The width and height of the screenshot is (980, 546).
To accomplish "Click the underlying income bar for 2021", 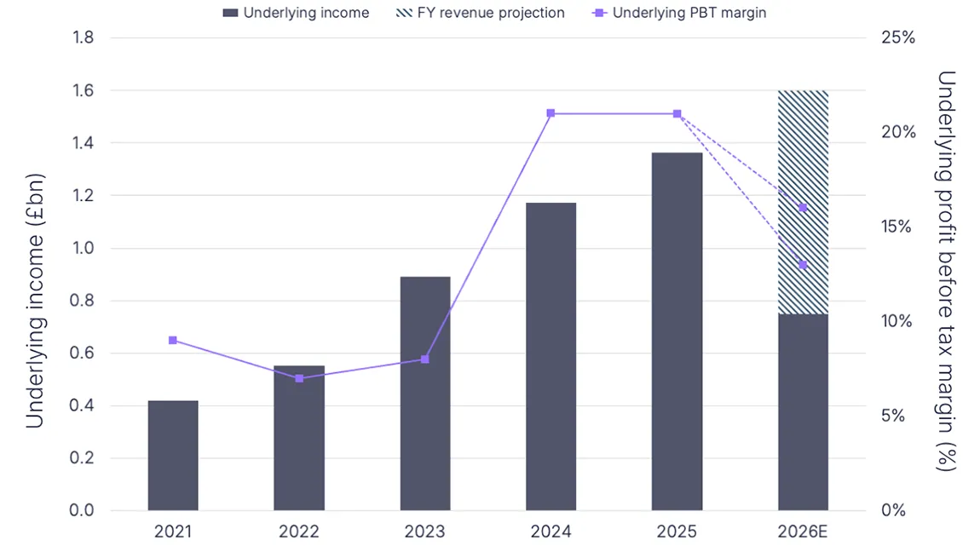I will pyautogui.click(x=173, y=456).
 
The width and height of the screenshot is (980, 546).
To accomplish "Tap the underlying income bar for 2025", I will pyautogui.click(x=677, y=331).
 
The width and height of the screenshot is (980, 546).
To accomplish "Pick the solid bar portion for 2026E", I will pyautogui.click(x=803, y=412).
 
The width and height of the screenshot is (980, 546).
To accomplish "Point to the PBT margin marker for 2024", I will pyautogui.click(x=551, y=113).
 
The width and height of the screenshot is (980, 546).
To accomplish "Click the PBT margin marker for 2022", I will pyautogui.click(x=299, y=378).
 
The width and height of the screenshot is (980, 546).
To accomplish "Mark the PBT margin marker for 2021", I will pyautogui.click(x=173, y=340).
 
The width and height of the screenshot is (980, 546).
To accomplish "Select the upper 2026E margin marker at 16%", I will pyautogui.click(x=803, y=208).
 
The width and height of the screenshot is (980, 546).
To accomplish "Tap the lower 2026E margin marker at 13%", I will pyautogui.click(x=803, y=265).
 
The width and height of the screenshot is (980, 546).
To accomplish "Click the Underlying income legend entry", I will pyautogui.click(x=295, y=13).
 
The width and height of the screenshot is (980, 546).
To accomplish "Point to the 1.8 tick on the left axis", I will pyautogui.click(x=82, y=37).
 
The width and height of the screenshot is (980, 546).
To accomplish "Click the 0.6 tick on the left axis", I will pyautogui.click(x=82, y=353).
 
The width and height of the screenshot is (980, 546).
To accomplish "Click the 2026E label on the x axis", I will pyautogui.click(x=803, y=532).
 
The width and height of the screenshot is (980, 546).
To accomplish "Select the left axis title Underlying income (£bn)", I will pyautogui.click(x=34, y=301).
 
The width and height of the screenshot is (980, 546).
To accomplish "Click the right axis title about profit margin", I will pyautogui.click(x=946, y=271).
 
